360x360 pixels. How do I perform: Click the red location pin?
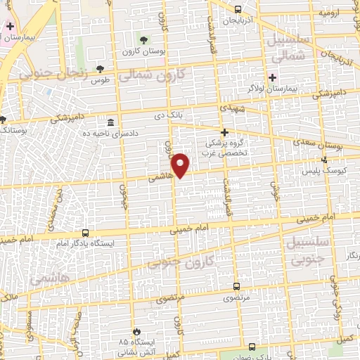[x=181, y=164]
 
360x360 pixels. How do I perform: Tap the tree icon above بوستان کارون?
[x=144, y=39]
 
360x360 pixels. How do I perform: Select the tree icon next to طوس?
[x=99, y=69]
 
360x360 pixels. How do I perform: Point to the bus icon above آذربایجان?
[x=238, y=10]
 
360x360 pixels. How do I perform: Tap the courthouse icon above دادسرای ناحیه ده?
[x=112, y=122]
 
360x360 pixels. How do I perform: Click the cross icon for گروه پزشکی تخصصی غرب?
[x=224, y=132]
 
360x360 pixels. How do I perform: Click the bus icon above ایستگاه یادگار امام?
[x=86, y=233]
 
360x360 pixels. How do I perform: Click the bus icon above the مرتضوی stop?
[x=236, y=286]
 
